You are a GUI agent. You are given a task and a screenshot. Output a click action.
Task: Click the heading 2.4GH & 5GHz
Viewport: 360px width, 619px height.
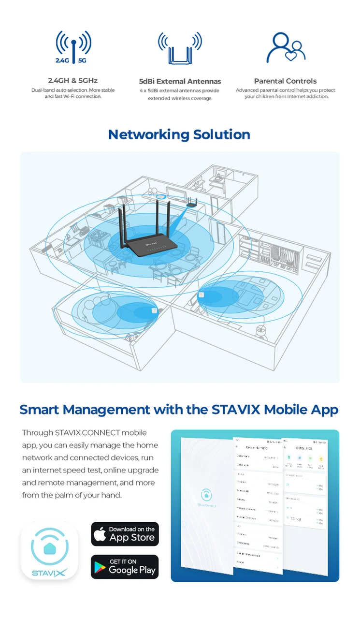click(72, 81)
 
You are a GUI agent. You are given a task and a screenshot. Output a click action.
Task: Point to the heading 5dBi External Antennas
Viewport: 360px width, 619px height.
click(180, 81)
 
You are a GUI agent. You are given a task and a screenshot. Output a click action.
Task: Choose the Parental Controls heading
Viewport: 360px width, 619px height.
click(286, 81)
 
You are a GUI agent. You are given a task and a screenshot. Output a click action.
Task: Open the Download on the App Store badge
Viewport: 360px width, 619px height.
click(125, 534)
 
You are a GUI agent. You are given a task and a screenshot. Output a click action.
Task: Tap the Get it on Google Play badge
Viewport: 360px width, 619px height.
click(125, 567)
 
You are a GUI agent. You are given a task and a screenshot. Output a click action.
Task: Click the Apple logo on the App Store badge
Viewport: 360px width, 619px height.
click(100, 534)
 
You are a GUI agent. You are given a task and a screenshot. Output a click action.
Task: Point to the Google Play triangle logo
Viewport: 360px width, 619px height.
click(100, 567)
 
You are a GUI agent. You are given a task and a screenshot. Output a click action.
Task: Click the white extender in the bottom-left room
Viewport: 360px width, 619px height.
click(154, 310)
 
